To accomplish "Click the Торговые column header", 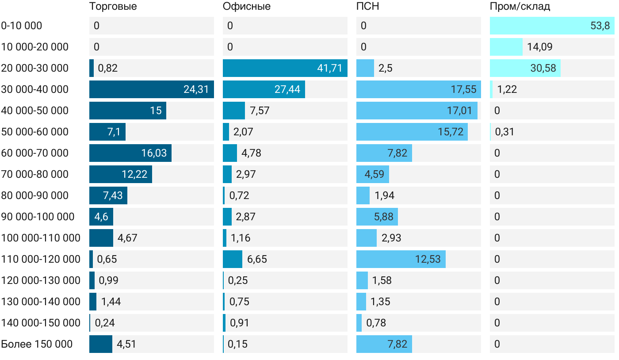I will [113, 7].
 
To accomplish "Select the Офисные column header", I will [246, 7].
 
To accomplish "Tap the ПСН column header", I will [367, 7].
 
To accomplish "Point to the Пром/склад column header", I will [520, 7].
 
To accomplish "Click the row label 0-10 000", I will [22, 26].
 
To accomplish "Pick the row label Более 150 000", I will [37, 344].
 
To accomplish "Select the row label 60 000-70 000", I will [35, 153].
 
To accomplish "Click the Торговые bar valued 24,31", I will [151, 89].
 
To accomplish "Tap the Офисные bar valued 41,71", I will [285, 68].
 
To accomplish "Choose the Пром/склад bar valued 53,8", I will [552, 26].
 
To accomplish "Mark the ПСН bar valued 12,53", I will [401, 259].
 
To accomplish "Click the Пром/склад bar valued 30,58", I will [525, 68].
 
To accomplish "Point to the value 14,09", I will [539, 47].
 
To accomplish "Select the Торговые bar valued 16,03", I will [130, 153].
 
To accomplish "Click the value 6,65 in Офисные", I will [257, 259].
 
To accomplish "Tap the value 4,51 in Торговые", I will [126, 344].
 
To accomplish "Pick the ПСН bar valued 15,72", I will [412, 132].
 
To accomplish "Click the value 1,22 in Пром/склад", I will [507, 89].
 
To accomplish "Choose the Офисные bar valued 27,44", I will [264, 89].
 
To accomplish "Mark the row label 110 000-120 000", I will [41, 259].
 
